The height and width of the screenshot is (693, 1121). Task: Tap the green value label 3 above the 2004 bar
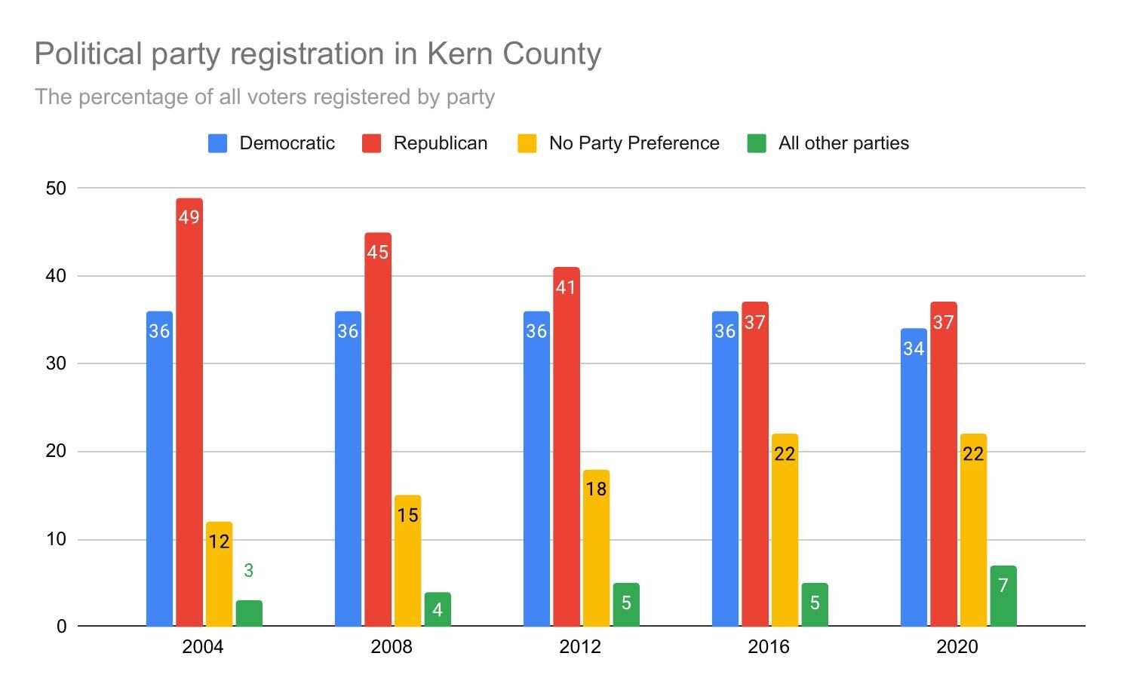pos(249,571)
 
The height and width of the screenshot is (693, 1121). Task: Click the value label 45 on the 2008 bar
pos(377,253)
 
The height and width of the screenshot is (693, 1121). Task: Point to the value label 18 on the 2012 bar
pos(596,489)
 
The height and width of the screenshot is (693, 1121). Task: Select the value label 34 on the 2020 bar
pos(914,349)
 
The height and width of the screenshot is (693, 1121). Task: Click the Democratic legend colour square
pos(218,143)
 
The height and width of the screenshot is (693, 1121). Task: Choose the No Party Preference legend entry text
pos(634,143)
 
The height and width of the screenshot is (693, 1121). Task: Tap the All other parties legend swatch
pos(757,143)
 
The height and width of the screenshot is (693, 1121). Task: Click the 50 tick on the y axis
pos(56,189)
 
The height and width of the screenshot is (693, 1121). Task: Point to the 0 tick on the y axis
pos(61,627)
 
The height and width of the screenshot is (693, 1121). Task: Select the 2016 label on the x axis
pos(769,647)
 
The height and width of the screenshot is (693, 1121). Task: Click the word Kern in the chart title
pos(459,54)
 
